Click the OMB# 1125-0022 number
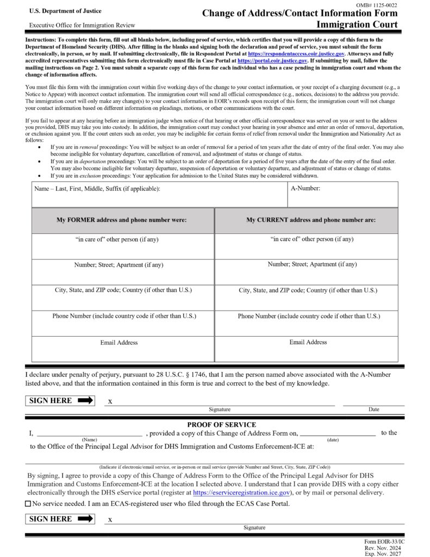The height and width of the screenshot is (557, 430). (x=376, y=5)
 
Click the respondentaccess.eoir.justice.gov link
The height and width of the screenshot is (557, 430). (x=296, y=54)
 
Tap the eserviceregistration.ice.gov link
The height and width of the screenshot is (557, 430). (x=241, y=492)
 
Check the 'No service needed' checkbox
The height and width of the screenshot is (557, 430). (x=28, y=504)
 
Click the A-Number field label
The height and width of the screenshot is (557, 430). (x=306, y=189)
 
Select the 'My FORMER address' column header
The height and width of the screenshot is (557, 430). (x=122, y=220)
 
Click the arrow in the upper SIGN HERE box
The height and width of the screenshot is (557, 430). (x=86, y=401)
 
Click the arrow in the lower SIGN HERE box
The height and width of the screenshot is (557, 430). (x=86, y=519)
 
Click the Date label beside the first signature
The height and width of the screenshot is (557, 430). (x=373, y=410)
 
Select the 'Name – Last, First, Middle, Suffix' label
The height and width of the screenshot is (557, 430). (x=97, y=189)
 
